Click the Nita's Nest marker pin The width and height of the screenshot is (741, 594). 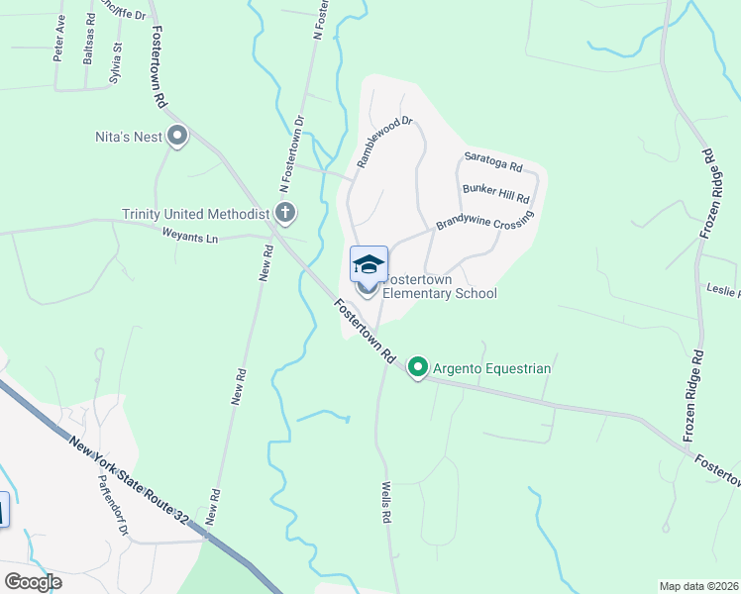(x=178, y=136)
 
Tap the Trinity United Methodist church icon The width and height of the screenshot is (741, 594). (x=285, y=213)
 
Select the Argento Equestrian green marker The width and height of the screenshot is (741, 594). (x=418, y=368)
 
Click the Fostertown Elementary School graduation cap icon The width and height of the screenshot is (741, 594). (x=369, y=264)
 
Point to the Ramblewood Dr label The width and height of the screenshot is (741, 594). (x=383, y=143)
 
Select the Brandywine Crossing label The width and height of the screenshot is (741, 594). (x=484, y=224)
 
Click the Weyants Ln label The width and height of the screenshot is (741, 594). (x=189, y=236)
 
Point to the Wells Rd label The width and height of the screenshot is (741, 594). (x=386, y=503)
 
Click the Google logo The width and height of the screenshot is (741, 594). (x=33, y=582)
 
